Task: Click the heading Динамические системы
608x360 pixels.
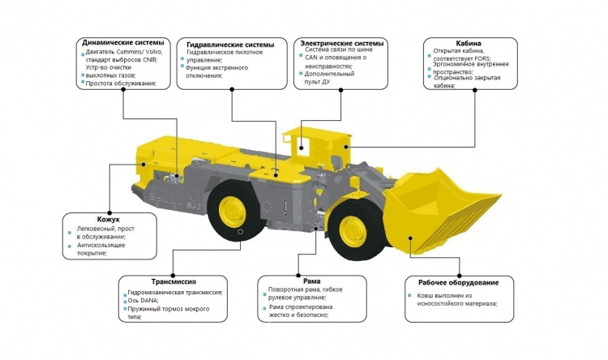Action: coord(124,41)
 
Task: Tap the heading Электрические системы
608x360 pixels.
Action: coord(341,42)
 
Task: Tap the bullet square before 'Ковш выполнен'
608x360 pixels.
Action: coord(411,296)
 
